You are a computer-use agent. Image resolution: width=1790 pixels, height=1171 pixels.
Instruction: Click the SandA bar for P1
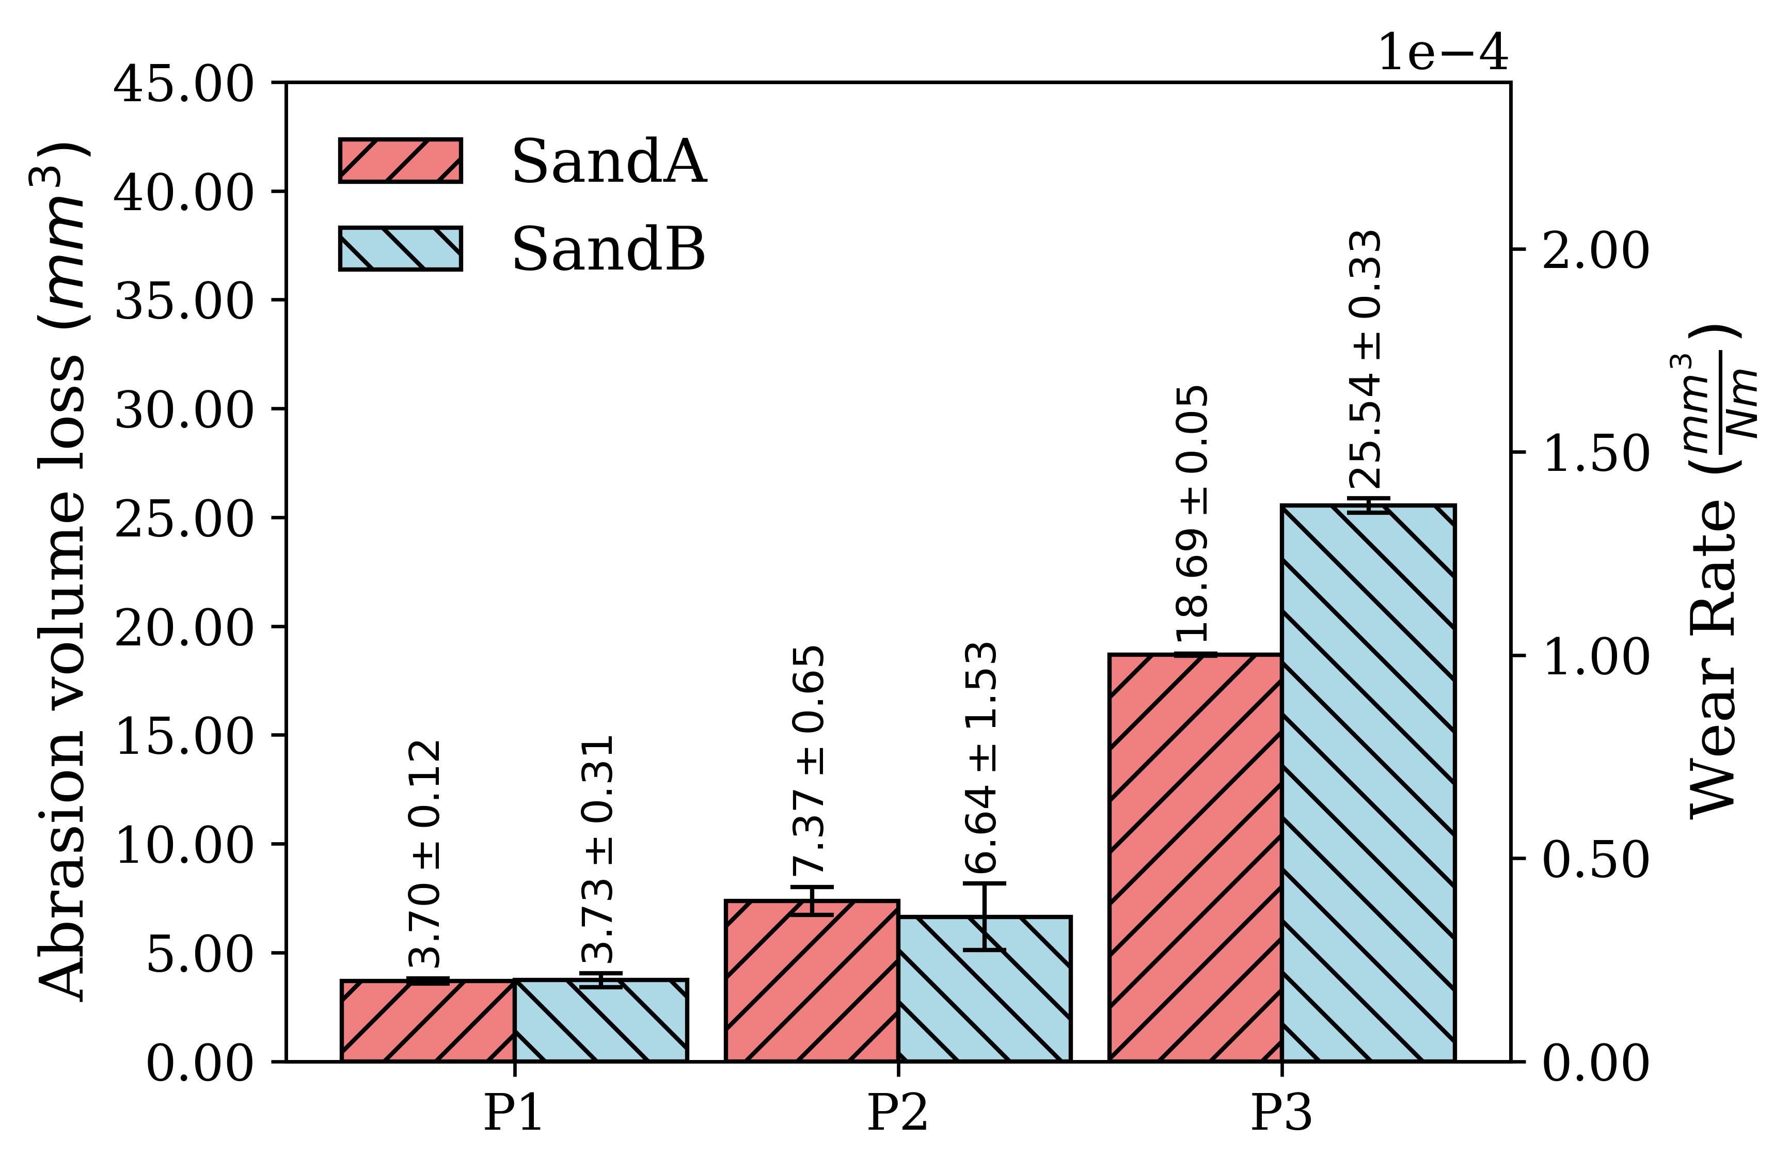pos(428,1021)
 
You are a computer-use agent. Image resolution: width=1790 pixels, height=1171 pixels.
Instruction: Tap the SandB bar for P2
pos(985,988)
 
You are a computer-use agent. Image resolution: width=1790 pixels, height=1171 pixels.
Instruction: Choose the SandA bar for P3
pos(1195,858)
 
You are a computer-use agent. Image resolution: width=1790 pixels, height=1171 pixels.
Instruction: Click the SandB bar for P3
pos(1368,783)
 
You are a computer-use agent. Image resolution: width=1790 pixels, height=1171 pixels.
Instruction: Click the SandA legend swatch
pos(400,160)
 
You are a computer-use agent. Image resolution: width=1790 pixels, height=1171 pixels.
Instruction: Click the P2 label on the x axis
pos(898,1113)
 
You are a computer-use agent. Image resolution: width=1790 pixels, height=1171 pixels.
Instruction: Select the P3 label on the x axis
pos(1281,1113)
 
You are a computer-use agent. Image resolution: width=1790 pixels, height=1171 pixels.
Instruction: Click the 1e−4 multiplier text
pos(1443,54)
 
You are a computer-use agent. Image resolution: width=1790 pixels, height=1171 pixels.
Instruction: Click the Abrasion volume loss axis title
pos(61,572)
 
